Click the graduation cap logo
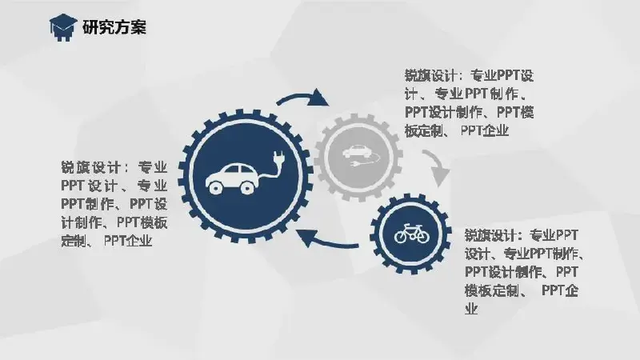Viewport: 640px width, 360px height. point(63,27)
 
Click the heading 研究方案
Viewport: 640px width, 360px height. point(114,27)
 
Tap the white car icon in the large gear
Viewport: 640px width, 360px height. point(231,178)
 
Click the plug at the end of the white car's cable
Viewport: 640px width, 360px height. point(279,158)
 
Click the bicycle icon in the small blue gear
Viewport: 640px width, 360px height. point(412,234)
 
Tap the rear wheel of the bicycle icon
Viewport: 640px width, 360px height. point(402,237)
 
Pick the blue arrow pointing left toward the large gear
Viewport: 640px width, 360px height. point(326,240)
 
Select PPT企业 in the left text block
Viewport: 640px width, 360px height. point(128,241)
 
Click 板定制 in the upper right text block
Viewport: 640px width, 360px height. point(424,130)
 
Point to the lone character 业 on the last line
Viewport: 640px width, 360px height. point(471,309)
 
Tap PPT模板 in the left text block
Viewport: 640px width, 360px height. point(142,222)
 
